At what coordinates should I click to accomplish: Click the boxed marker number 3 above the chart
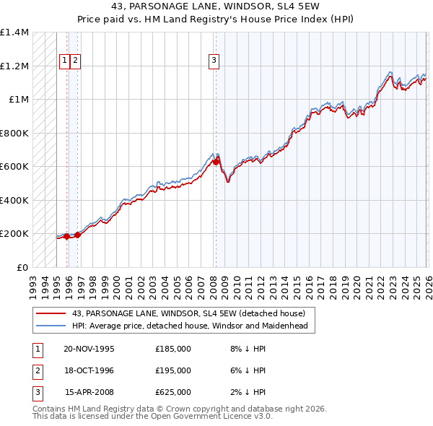(x=214, y=61)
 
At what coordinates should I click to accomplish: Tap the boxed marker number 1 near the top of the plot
(x=64, y=61)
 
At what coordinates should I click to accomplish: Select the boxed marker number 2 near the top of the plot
(x=75, y=61)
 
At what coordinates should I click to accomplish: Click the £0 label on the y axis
(x=22, y=268)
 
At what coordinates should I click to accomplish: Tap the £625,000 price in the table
(x=173, y=392)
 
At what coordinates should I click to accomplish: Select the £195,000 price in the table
(x=173, y=370)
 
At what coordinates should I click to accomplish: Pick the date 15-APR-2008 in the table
(x=89, y=392)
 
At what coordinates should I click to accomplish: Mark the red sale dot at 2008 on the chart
(x=215, y=162)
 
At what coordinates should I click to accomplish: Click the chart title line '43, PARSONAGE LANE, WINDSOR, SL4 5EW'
(x=216, y=8)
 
